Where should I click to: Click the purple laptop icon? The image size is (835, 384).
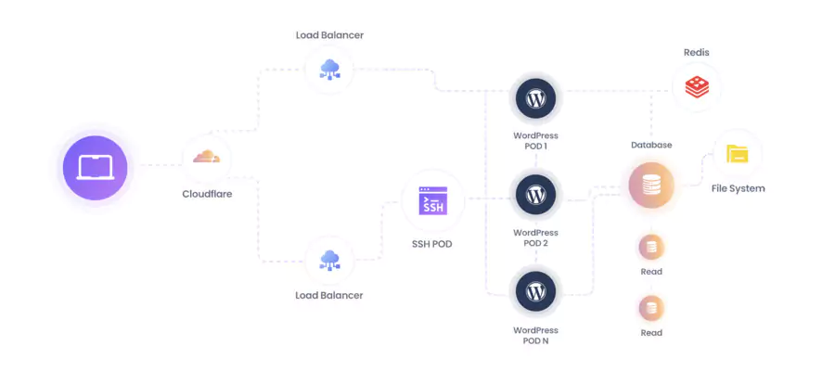click(x=95, y=168)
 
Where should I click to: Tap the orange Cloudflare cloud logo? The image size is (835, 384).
click(x=207, y=157)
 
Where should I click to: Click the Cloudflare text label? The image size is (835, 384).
click(x=207, y=195)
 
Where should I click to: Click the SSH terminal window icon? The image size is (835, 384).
click(x=433, y=201)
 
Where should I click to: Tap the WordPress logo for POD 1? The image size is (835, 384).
click(x=535, y=96)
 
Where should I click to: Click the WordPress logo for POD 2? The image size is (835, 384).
click(x=535, y=195)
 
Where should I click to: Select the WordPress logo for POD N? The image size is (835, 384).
click(x=535, y=291)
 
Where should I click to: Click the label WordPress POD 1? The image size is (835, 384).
click(x=535, y=140)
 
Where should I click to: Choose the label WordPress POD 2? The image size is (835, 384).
click(x=535, y=237)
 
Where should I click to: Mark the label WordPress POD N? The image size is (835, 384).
click(x=535, y=335)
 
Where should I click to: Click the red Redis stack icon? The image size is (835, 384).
click(x=696, y=88)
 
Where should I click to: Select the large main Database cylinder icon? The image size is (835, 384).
click(x=651, y=186)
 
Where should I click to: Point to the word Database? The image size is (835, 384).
click(x=651, y=145)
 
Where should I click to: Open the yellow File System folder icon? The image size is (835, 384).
click(x=737, y=154)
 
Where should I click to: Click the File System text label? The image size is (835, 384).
click(x=739, y=188)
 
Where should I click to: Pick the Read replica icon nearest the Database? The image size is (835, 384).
click(x=651, y=248)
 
